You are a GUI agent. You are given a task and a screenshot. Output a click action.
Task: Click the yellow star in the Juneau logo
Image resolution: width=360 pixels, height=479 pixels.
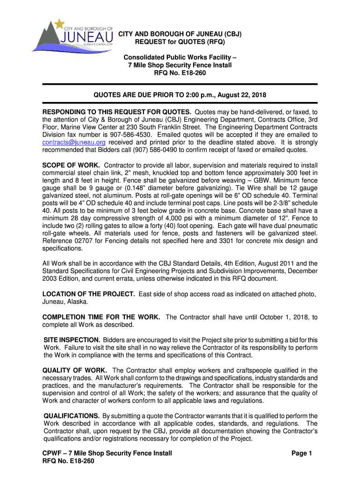[x=59, y=23]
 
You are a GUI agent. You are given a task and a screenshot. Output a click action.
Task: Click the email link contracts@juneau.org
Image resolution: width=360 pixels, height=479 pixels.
[x=74, y=142]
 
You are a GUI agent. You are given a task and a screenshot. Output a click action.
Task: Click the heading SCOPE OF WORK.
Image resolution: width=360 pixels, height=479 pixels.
[x=71, y=166]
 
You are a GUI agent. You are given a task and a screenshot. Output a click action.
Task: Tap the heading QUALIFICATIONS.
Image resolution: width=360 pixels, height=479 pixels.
[x=71, y=416]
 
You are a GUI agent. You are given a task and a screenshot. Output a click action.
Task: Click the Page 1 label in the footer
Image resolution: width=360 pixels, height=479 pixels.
[x=305, y=453]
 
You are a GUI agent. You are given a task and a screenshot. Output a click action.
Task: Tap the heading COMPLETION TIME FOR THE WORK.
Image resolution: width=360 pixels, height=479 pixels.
[x=101, y=317]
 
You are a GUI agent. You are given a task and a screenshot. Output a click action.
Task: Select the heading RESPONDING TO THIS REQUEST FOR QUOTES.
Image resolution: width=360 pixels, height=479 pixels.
[x=117, y=112]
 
